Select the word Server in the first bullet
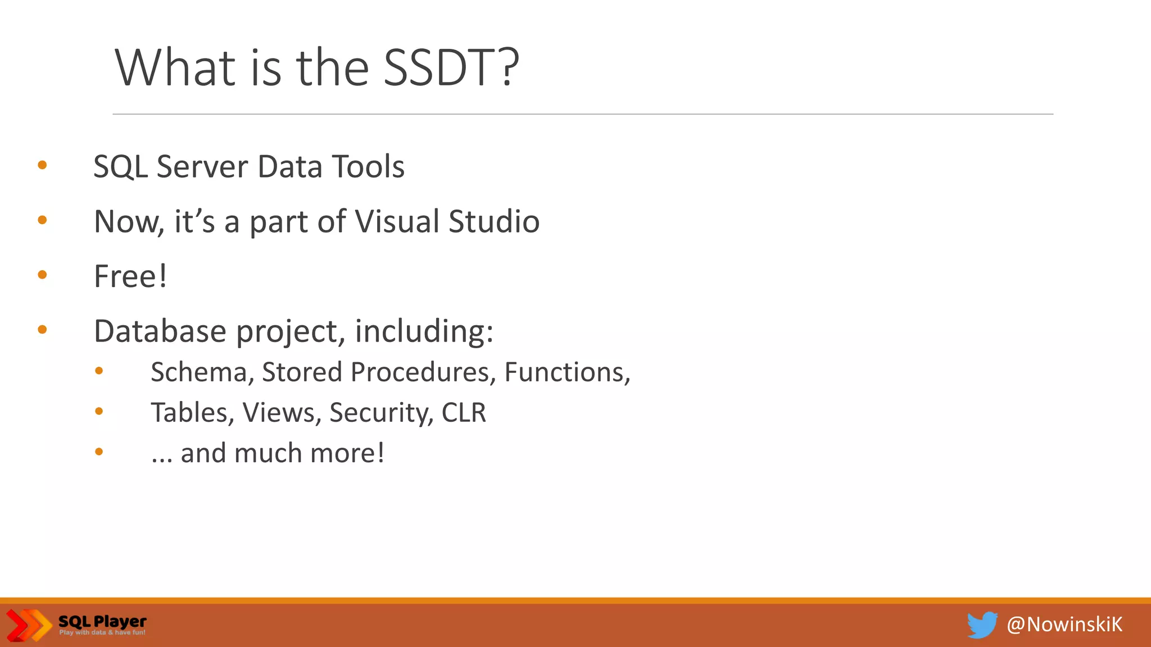click(x=202, y=167)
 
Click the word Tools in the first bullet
click(x=368, y=167)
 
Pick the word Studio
click(x=494, y=221)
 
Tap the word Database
click(x=160, y=331)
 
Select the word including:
click(x=424, y=331)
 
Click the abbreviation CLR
click(x=464, y=413)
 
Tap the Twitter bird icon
click(x=982, y=625)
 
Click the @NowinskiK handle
click(x=1064, y=625)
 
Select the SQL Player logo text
click(x=102, y=622)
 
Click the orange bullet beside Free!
click(x=42, y=275)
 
